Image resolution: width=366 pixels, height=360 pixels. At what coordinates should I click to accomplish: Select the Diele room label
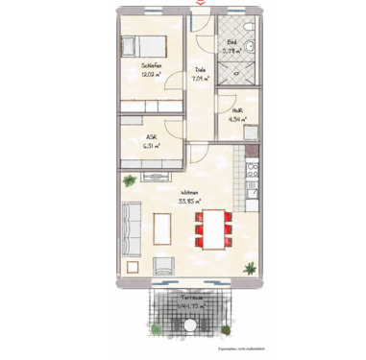200,70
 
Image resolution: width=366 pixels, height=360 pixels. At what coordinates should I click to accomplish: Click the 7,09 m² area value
201,78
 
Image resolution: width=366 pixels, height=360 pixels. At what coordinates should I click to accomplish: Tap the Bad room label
232,41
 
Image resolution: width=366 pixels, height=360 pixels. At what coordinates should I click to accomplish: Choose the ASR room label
151,137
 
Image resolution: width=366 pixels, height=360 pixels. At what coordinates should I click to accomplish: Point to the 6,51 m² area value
151,145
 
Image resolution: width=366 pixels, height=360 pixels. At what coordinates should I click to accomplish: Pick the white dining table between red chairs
212,229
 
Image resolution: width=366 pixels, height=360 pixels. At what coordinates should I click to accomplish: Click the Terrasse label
196,298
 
